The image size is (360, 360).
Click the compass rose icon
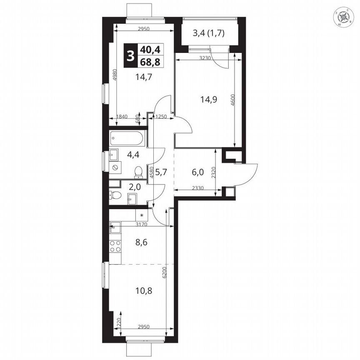(344, 17)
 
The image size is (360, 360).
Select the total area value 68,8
(150, 62)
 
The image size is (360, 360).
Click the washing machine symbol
(115, 167)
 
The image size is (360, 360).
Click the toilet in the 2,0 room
(115, 195)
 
